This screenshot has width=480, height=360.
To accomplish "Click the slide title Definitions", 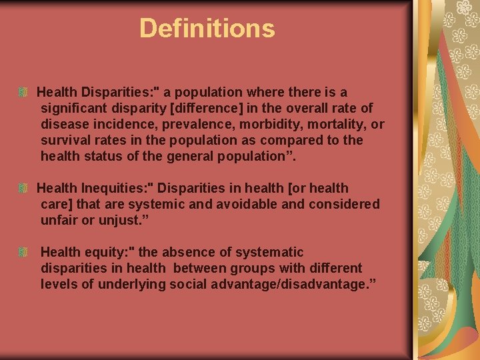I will click(x=207, y=29).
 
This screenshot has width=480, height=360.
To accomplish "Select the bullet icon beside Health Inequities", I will click(x=24, y=189).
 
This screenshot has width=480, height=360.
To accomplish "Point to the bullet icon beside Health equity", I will click(x=24, y=253).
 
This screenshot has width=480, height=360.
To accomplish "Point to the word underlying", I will click(x=129, y=284).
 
